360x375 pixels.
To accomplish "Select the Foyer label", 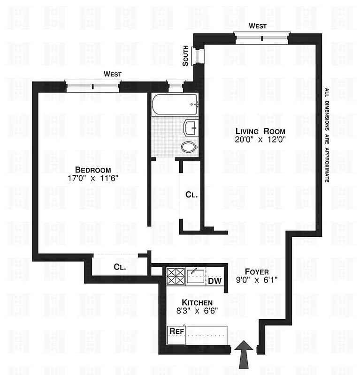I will coord(257,272).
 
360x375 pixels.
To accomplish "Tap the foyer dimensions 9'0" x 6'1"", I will coord(257,281).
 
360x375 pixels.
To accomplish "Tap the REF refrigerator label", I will coord(176,331).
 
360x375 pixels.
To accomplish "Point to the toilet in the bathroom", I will coord(189,147).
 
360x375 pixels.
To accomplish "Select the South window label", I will coord(186,55).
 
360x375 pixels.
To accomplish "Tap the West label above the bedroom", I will coord(113,74).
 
